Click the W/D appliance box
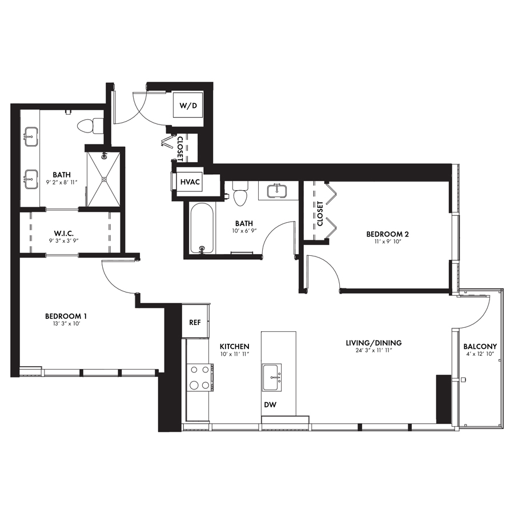(x=187, y=105)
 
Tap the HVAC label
(x=190, y=182)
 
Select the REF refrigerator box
(x=195, y=322)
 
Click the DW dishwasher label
(x=270, y=404)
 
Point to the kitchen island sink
(x=272, y=378)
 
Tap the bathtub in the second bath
(x=202, y=228)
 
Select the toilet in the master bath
(x=90, y=125)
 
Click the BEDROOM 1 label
(x=66, y=316)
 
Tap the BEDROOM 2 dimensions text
(x=387, y=242)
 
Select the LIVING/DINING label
(x=374, y=343)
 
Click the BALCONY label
(x=480, y=347)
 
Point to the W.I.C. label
(x=63, y=234)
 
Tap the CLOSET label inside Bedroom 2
(x=320, y=214)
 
